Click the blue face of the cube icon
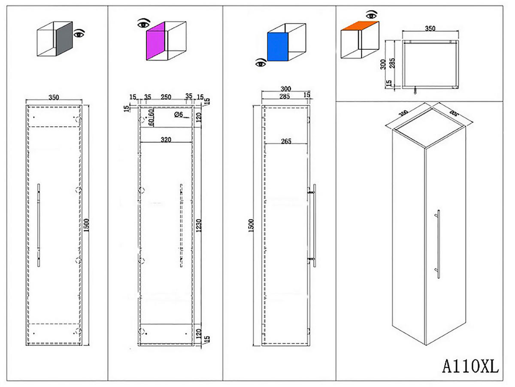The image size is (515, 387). (277, 47)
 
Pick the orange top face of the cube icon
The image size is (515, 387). (360, 25)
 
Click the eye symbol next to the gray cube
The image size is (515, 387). (79, 33)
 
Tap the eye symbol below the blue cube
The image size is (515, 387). (261, 64)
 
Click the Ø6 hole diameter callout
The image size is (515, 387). (179, 114)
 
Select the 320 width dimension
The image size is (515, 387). (166, 139)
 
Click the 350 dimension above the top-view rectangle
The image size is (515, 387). (430, 29)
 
